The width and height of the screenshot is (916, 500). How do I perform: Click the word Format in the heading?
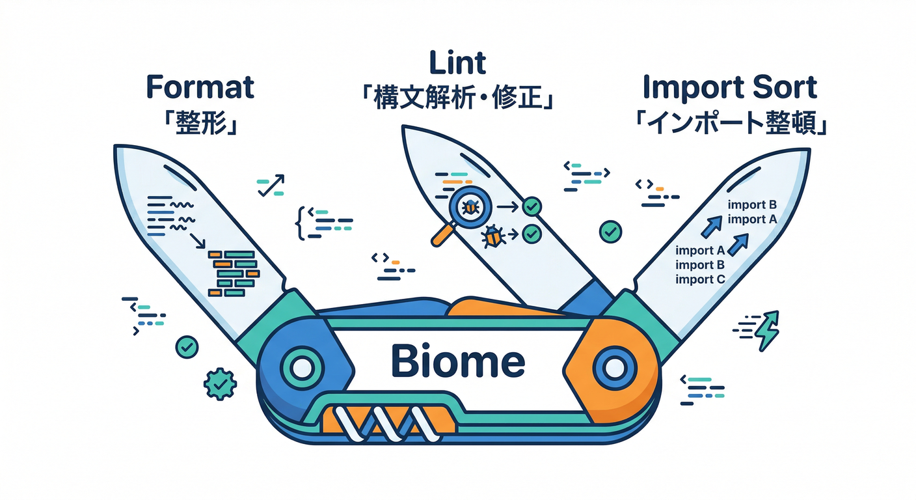pos(200,87)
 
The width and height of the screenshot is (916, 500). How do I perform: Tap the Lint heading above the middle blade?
pos(457,63)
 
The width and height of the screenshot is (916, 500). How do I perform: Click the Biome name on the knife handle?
pos(457,362)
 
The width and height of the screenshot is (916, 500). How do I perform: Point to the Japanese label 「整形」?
pos(200,123)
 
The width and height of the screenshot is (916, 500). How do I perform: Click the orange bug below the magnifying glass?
pos(492,236)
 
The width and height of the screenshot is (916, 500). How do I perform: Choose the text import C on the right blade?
pos(700,279)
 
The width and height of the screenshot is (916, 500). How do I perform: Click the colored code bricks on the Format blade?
pos(234,270)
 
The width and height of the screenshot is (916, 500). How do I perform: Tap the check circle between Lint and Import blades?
pos(610,230)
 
